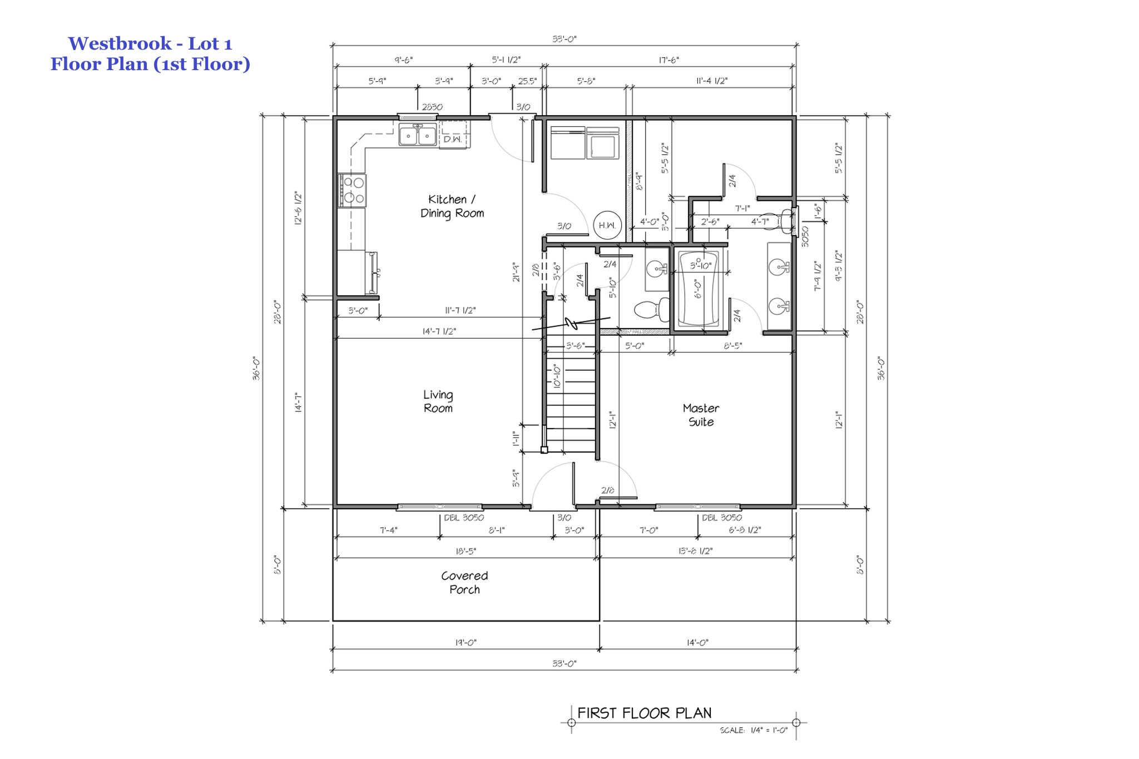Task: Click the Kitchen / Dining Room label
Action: point(452,206)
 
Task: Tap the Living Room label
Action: point(438,401)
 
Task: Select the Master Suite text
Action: point(701,415)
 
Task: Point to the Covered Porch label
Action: point(464,583)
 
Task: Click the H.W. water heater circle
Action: point(607,225)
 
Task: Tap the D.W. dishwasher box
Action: point(453,138)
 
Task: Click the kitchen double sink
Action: point(418,136)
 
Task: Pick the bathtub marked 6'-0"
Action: point(699,289)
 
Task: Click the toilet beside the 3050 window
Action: point(781,222)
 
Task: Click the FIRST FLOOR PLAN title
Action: point(644,713)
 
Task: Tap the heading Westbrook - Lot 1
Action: point(150,43)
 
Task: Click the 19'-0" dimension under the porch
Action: point(465,643)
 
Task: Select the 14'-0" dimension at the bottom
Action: point(697,643)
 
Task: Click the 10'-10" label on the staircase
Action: point(557,376)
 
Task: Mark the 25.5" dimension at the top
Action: point(527,81)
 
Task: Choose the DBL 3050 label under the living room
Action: point(463,518)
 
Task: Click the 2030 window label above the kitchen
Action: point(432,107)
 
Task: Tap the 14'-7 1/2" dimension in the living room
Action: point(439,331)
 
